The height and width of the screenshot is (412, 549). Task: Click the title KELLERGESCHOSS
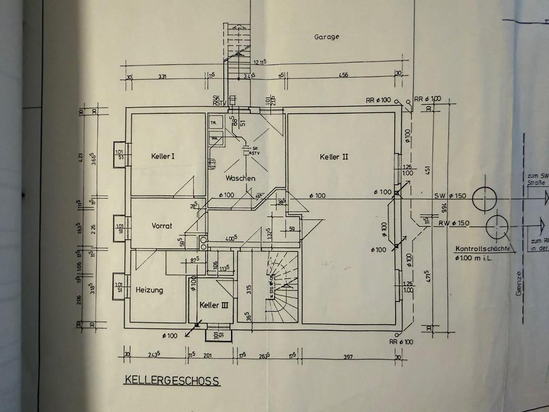172,380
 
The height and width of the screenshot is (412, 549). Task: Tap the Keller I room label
162,156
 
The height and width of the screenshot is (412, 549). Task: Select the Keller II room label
335,156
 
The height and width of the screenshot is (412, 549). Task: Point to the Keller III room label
214,306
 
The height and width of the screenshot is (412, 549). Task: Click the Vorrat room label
162,225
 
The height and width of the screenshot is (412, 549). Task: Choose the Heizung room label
149,290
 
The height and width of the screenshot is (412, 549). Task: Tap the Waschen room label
240,179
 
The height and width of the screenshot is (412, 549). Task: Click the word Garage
327,37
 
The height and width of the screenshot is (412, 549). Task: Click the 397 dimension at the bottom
348,356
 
